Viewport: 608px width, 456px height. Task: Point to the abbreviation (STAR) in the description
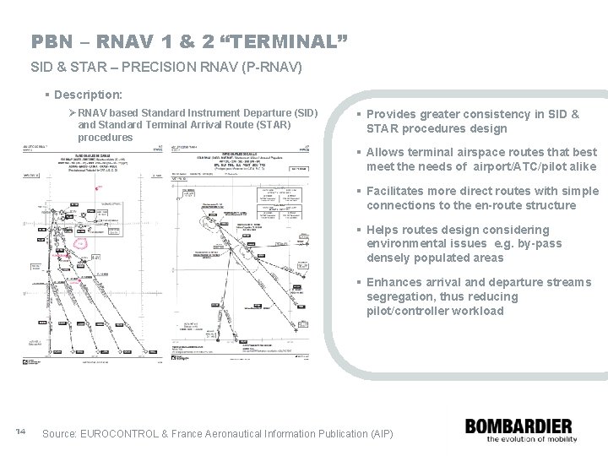pyautogui.click(x=269, y=125)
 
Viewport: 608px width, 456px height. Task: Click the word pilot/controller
pyautogui.click(x=411, y=310)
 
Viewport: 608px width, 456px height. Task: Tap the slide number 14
pyautogui.click(x=22, y=432)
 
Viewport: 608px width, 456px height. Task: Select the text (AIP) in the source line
pyautogui.click(x=380, y=433)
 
